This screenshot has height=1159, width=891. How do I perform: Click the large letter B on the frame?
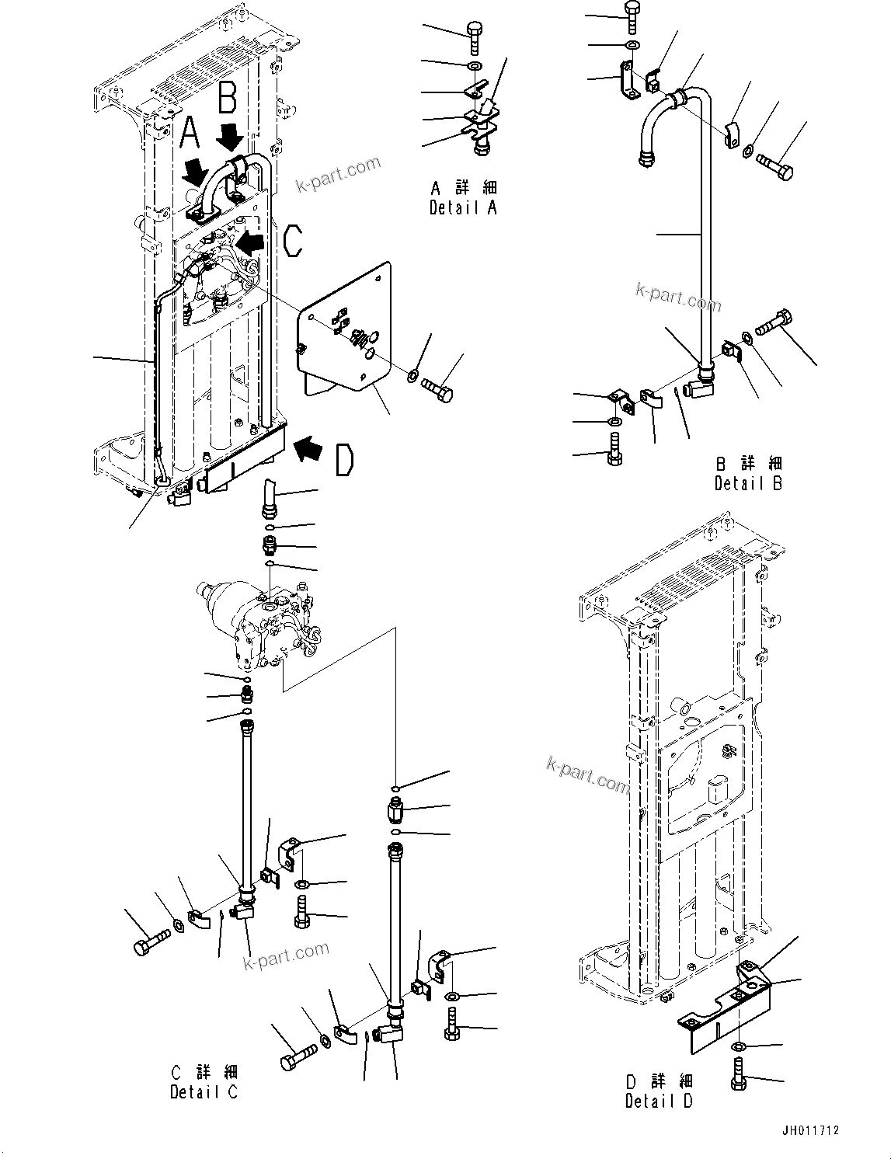coord(228,99)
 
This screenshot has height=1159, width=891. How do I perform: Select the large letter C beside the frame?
coord(292,240)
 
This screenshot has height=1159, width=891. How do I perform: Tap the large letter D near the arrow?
coord(343,458)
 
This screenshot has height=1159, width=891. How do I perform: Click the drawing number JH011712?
coord(810,1131)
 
